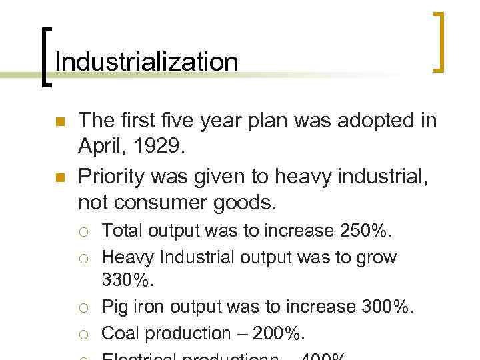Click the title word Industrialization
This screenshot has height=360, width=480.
146,62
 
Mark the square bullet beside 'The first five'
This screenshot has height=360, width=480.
58,122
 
